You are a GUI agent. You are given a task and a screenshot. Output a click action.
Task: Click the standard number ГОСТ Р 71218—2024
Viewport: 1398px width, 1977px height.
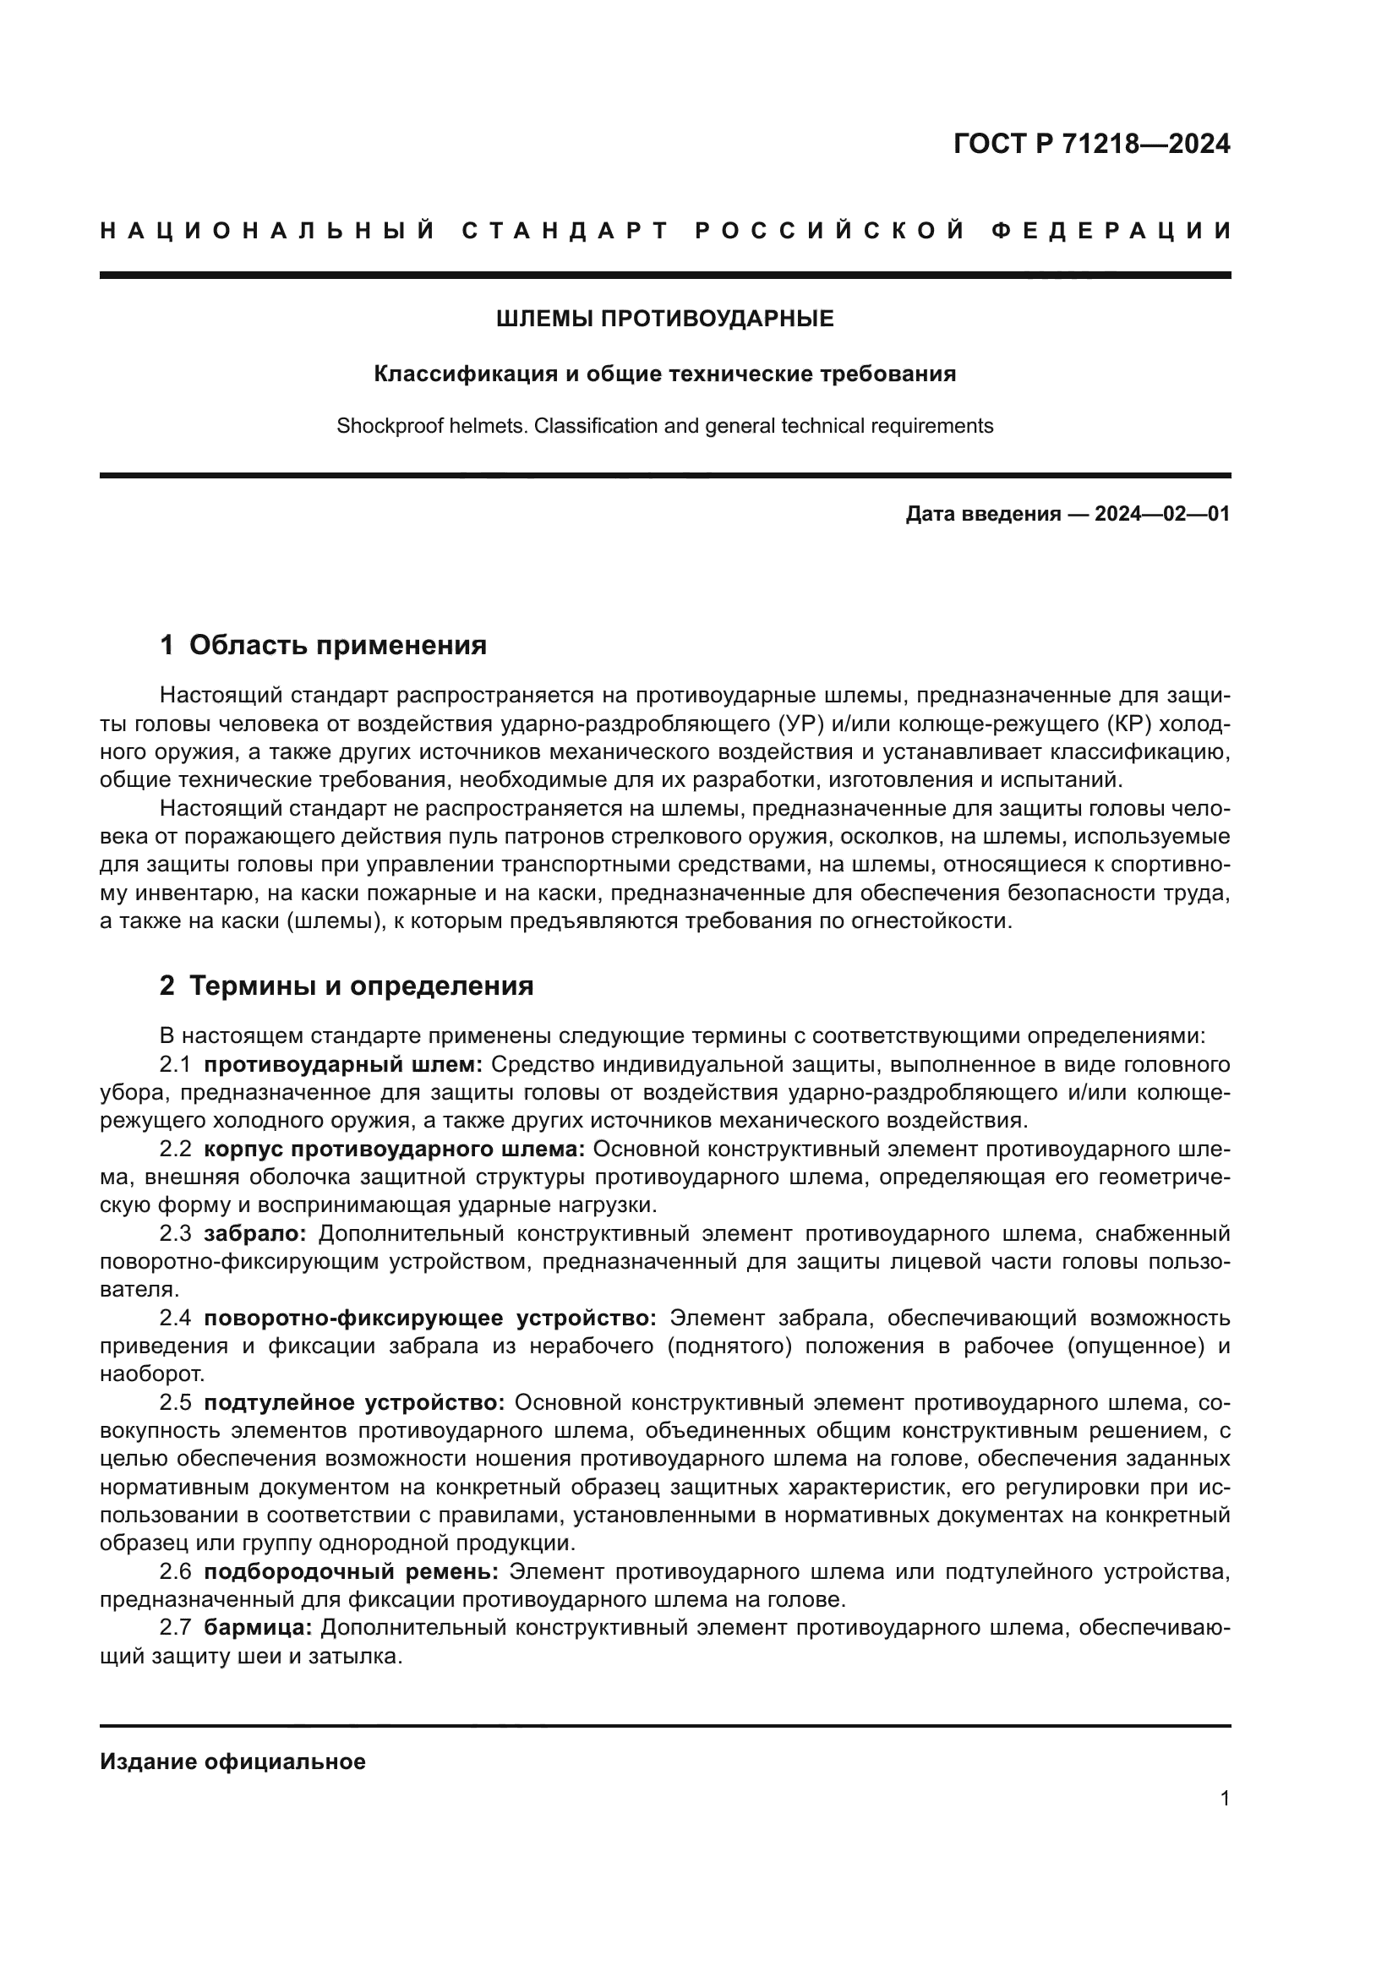pos(1091,144)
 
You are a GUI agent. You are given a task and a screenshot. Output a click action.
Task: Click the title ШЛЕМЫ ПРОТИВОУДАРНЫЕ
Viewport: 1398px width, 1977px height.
pos(664,319)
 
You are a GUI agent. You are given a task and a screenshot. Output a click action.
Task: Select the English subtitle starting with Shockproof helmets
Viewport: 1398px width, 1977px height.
pos(664,426)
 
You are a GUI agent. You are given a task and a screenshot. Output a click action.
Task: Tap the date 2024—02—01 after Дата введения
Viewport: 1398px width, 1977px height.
pos(1162,515)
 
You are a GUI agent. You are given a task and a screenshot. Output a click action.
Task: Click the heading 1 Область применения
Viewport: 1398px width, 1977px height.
pos(323,645)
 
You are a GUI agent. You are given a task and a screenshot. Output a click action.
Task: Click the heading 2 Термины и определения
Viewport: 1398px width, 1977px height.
pos(346,986)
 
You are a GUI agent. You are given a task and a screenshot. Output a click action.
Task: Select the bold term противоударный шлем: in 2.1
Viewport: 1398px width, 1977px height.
pos(343,1065)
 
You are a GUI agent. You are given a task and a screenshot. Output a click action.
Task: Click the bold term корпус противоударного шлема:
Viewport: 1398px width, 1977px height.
pos(394,1150)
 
